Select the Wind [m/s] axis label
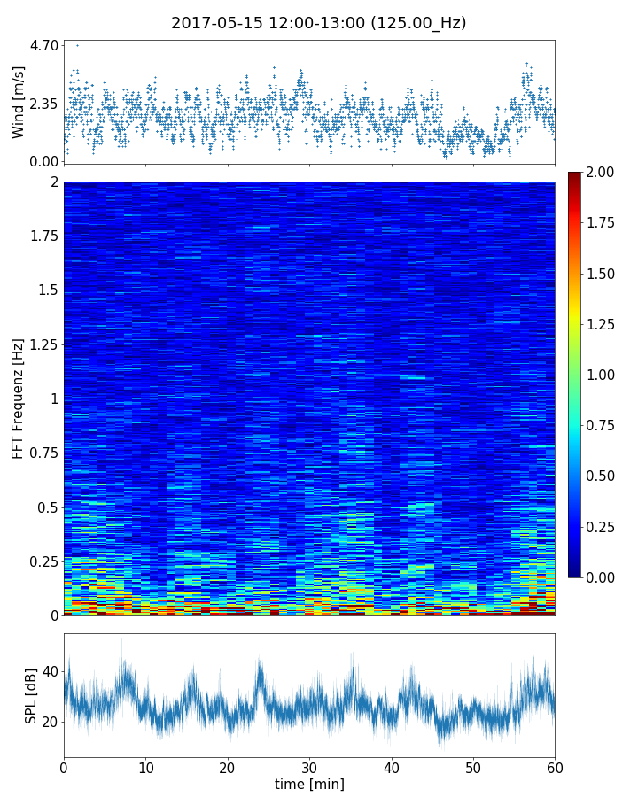(19, 103)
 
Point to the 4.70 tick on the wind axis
(44, 45)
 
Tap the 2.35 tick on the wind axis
(44, 104)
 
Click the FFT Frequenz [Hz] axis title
(19, 398)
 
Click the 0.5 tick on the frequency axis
(46, 507)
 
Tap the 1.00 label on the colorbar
(605, 375)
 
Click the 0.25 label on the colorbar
(605, 527)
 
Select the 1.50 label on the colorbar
(605, 274)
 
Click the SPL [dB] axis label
(31, 695)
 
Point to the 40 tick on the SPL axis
(50, 671)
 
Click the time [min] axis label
(309, 784)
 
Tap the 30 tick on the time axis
(309, 766)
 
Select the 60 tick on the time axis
(555, 766)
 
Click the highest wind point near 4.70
(77, 45)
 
